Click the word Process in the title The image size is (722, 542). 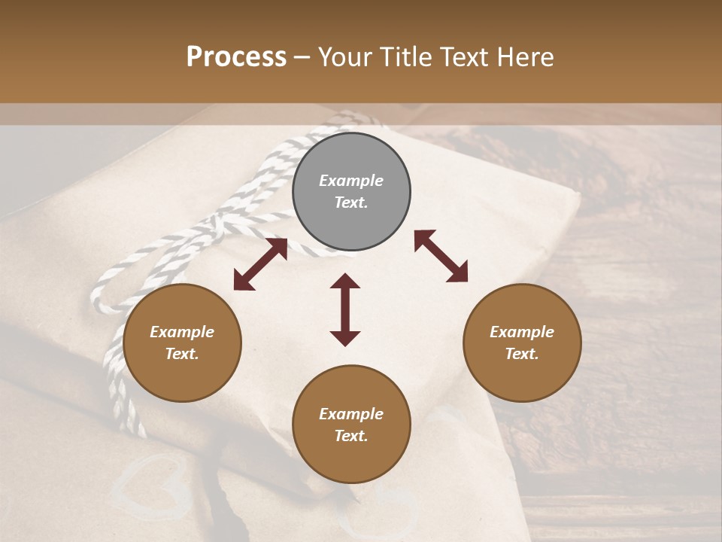(236, 57)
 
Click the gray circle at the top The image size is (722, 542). (351, 192)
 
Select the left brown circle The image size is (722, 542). (182, 343)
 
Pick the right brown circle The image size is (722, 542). (522, 343)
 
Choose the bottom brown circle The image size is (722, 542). (351, 425)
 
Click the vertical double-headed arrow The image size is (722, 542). (345, 309)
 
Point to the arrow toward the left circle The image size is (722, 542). (260, 264)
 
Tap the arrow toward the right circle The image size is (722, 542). (441, 256)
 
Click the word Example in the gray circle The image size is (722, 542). (351, 181)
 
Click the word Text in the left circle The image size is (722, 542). (182, 355)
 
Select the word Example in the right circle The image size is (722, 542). (522, 332)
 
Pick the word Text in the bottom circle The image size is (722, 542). (350, 436)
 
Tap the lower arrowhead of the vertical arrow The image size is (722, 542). (345, 338)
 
